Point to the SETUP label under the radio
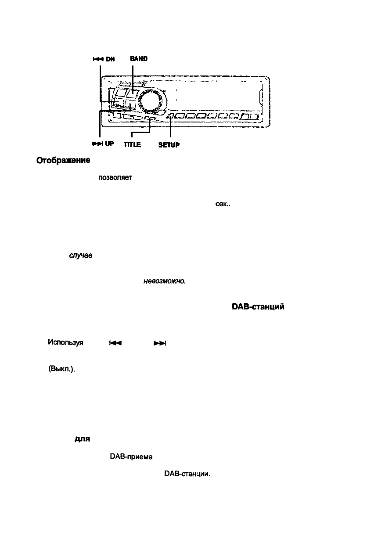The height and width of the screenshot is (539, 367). pyautogui.click(x=169, y=144)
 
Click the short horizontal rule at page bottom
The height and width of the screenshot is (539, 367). pyautogui.click(x=58, y=500)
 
